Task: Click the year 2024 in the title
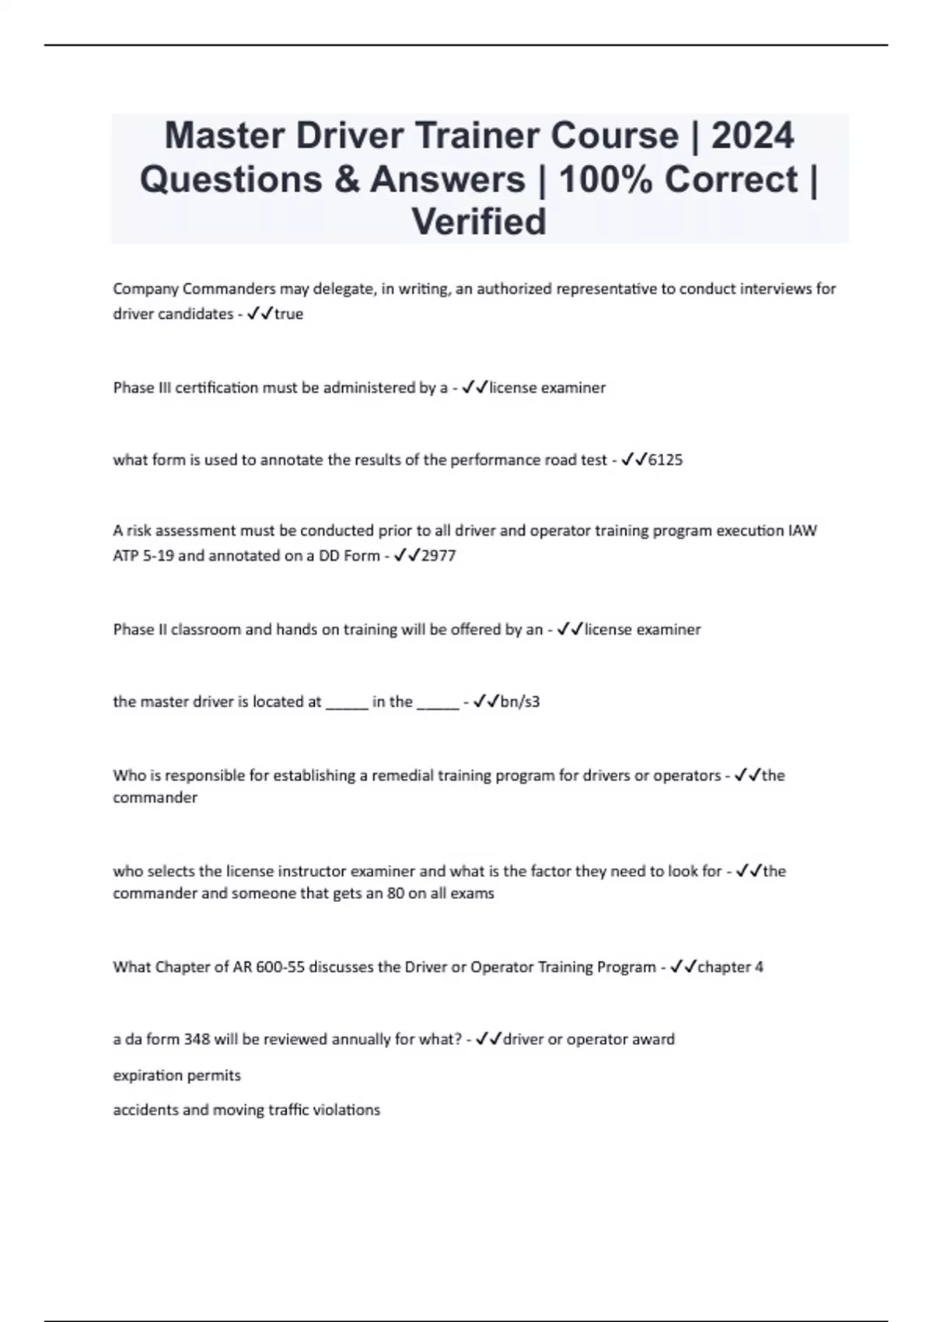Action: point(753,136)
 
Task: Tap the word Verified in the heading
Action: point(479,222)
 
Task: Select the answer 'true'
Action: point(288,314)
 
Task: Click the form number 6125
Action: point(666,460)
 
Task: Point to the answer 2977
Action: point(439,556)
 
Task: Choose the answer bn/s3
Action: point(520,701)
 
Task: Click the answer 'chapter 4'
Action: point(730,967)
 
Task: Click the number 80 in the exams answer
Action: point(395,894)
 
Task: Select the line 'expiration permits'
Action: point(176,1075)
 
